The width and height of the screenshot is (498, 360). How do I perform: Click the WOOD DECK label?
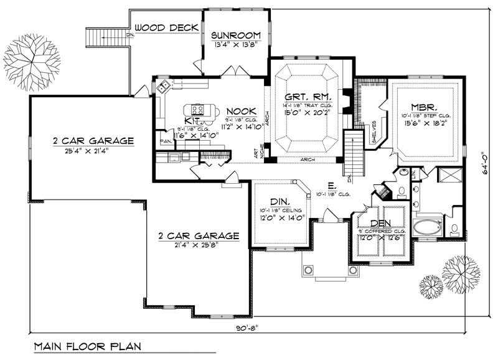(167, 27)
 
